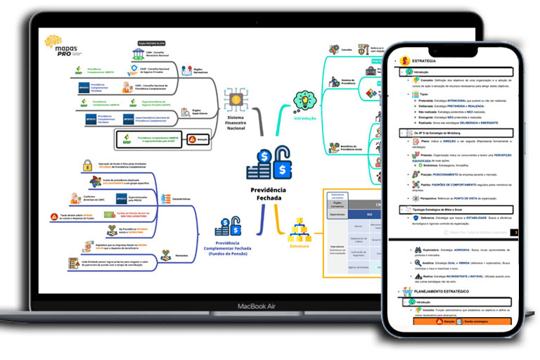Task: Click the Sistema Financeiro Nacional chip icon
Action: (x=234, y=101)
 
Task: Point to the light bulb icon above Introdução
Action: (x=305, y=101)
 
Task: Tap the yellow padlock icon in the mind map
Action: (x=88, y=166)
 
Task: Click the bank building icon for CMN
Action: (x=139, y=55)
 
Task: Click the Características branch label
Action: (x=181, y=199)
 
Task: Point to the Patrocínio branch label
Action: (x=181, y=255)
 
